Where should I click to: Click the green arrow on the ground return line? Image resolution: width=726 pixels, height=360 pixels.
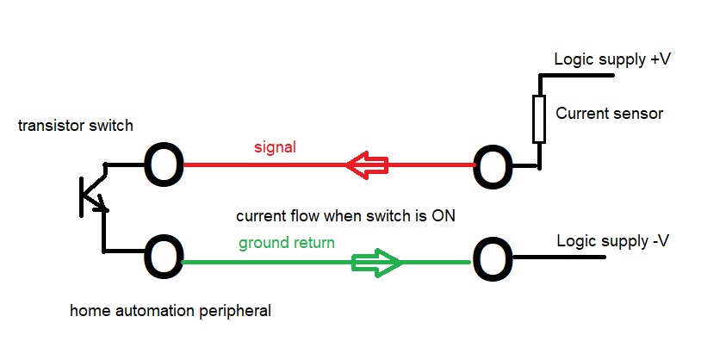click(x=377, y=262)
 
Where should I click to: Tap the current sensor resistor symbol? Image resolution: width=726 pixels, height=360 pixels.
click(x=539, y=119)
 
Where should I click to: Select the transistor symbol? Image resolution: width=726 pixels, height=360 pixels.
click(x=93, y=196)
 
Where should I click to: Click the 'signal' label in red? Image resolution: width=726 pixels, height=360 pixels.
click(x=275, y=146)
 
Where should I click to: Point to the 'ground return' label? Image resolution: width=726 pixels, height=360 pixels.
click(x=287, y=243)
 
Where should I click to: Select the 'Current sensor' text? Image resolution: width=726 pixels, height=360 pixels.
click(x=610, y=113)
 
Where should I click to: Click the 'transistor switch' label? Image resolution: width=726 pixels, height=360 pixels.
click(x=75, y=126)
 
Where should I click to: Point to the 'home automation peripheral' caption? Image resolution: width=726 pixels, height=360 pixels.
click(x=170, y=310)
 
